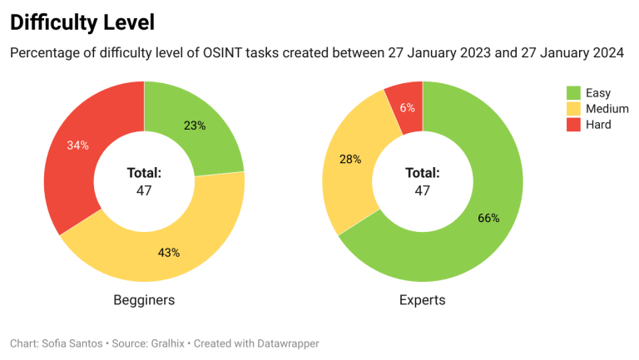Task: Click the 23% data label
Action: point(195,126)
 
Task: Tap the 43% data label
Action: point(169,253)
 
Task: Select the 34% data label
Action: point(78,145)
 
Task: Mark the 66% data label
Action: point(488,218)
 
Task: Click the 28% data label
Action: point(350,159)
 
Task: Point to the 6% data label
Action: point(407,107)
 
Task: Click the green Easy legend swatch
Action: point(573,92)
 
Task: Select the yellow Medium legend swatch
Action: point(573,108)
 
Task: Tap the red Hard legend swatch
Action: point(573,125)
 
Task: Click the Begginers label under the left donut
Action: point(144,300)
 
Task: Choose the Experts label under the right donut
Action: point(422,300)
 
